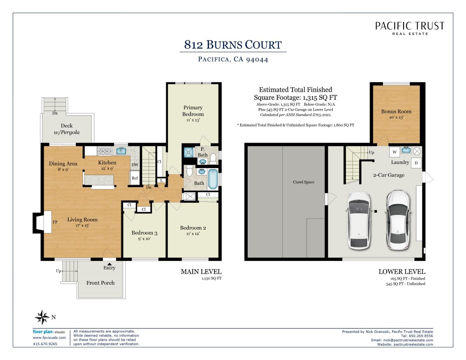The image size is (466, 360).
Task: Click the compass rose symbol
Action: [x=42, y=317]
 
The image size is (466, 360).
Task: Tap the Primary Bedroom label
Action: [x=193, y=111]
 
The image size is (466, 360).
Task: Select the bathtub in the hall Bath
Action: [x=213, y=179]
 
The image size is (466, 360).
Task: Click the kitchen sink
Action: [x=121, y=151]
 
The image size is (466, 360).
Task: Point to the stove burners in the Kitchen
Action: [x=105, y=151]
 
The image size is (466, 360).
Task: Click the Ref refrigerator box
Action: [x=135, y=178]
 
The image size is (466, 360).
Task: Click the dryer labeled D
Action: [x=416, y=163]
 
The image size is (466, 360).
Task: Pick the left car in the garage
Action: [x=359, y=221]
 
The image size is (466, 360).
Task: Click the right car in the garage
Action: [x=398, y=220]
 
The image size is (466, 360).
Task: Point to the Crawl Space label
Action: [x=303, y=182]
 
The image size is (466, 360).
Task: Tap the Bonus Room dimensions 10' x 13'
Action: [x=396, y=117]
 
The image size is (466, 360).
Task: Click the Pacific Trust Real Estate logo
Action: [x=410, y=28]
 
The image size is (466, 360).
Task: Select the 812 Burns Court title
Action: [x=233, y=45]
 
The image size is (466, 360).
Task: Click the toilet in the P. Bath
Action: [x=213, y=159]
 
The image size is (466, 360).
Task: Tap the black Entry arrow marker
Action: [x=109, y=264]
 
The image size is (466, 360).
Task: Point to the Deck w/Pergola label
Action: [x=67, y=129]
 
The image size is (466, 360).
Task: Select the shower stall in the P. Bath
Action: [x=189, y=152]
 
